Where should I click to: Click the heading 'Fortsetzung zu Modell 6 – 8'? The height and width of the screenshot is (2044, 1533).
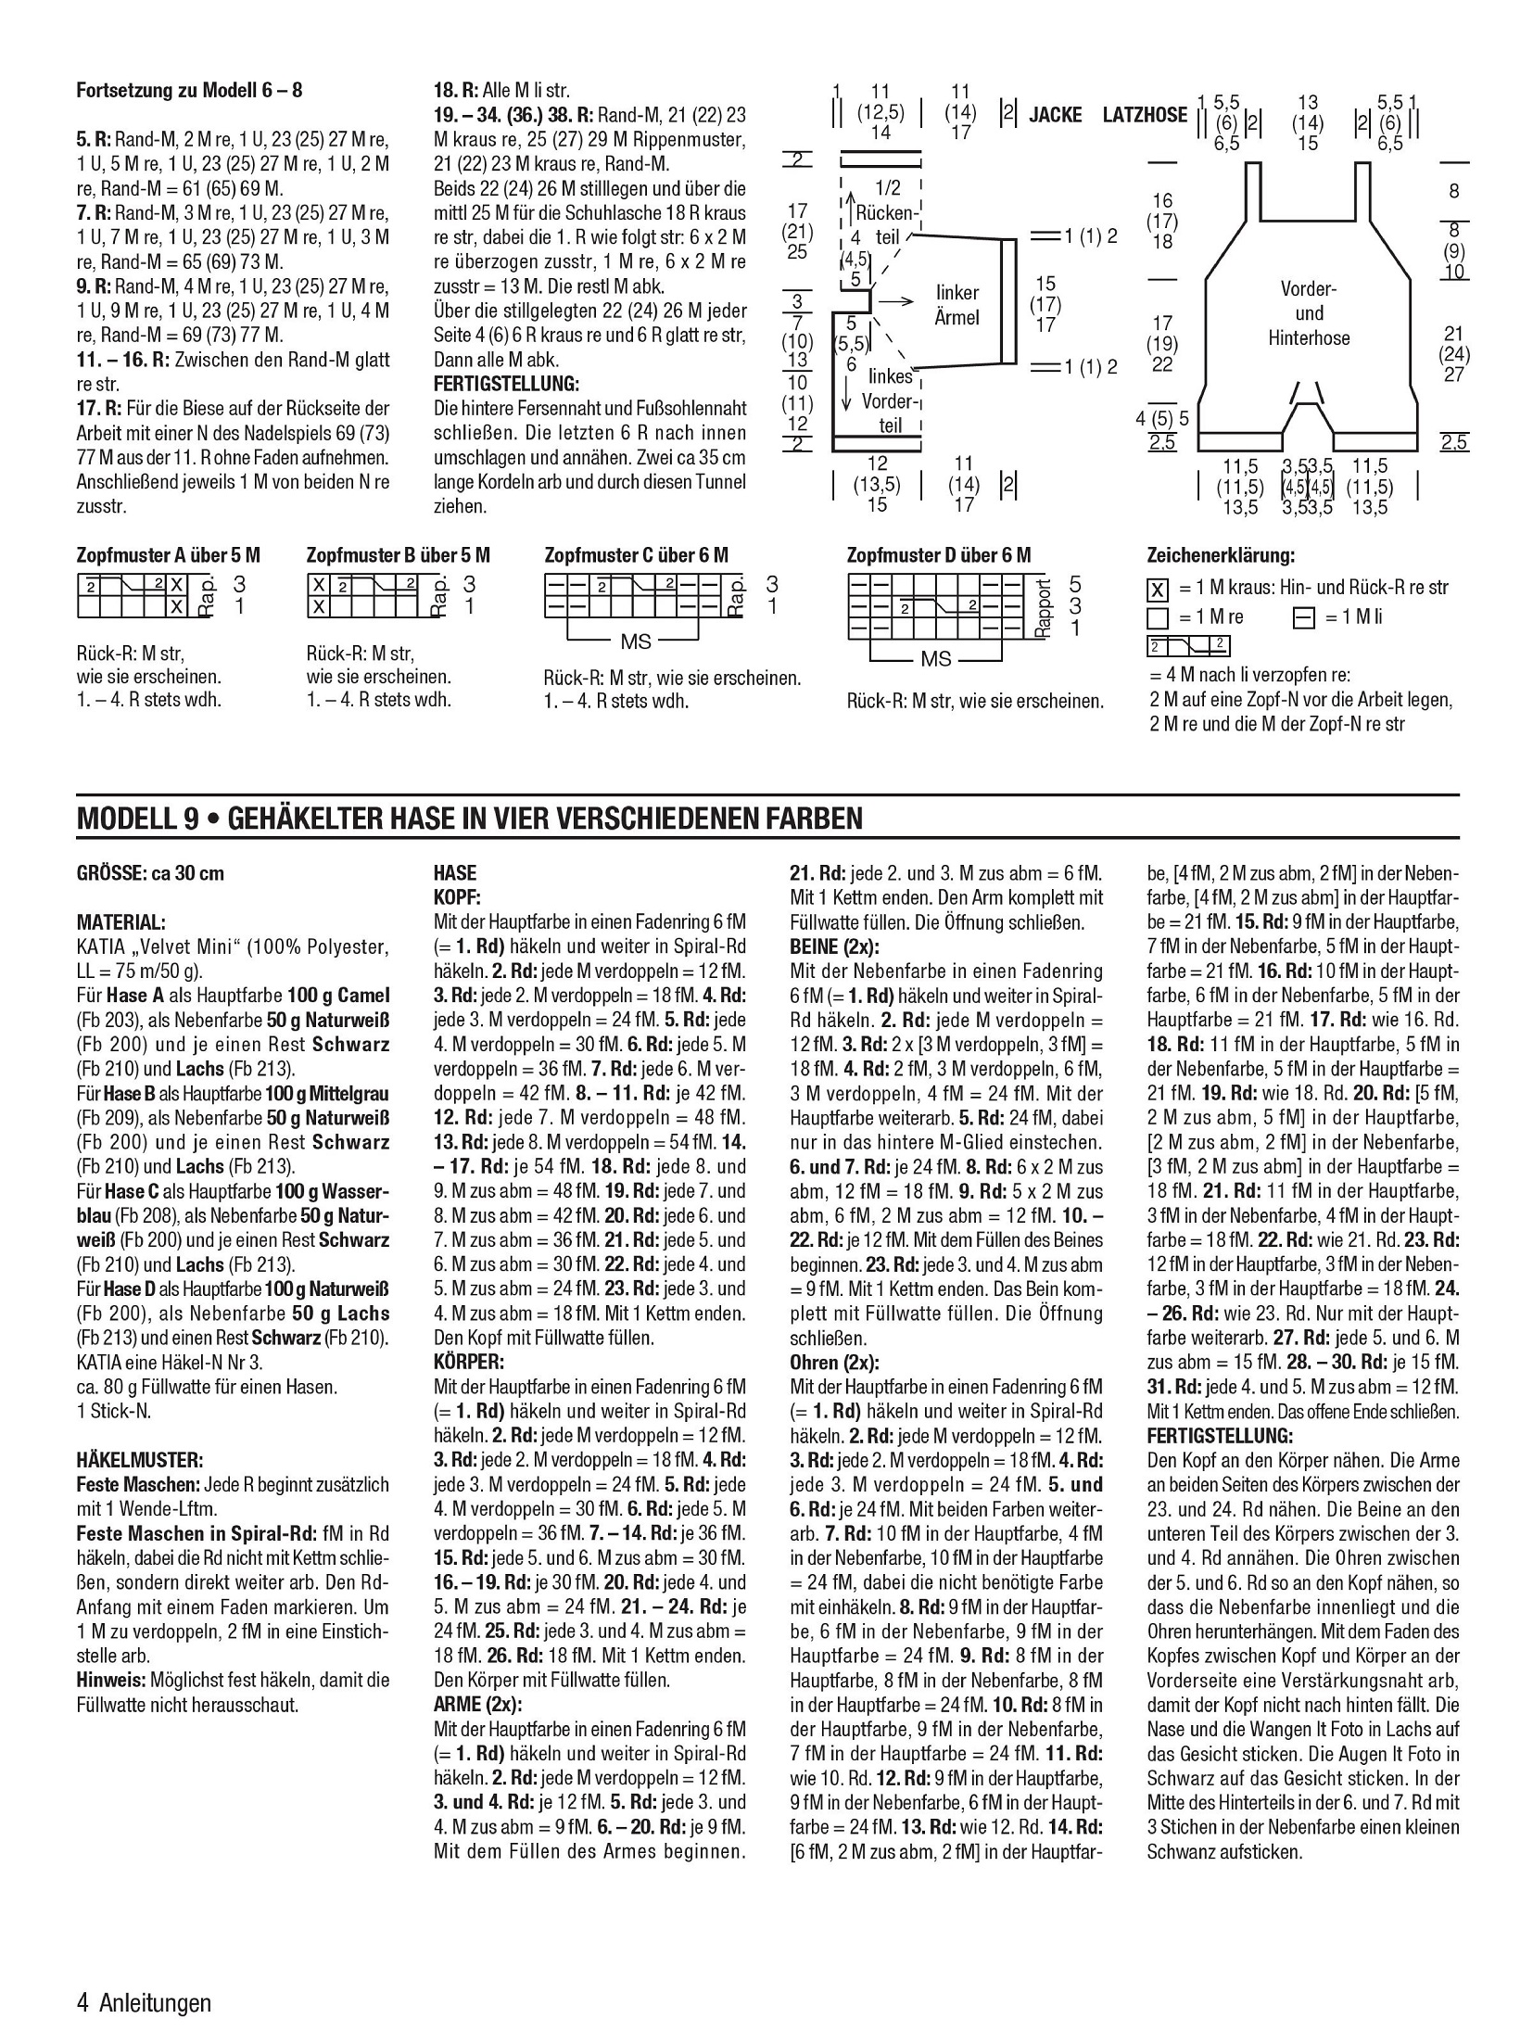(189, 91)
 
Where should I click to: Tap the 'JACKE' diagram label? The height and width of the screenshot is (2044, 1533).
(1055, 115)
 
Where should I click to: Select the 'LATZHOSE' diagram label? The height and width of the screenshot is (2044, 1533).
(1145, 115)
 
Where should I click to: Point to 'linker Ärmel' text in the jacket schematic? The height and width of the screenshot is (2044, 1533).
(957, 305)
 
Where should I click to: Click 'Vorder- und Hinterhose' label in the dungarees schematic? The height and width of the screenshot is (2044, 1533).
(1309, 313)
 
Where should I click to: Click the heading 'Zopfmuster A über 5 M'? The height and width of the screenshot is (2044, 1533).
(168, 556)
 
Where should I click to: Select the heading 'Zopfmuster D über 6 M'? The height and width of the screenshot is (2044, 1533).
(938, 556)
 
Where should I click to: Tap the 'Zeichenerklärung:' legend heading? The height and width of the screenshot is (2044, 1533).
(1221, 556)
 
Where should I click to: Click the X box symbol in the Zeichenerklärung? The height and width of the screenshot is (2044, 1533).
(1157, 589)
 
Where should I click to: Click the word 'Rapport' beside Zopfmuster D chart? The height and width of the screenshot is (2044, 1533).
(1045, 607)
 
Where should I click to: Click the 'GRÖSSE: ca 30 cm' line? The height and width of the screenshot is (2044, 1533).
(150, 873)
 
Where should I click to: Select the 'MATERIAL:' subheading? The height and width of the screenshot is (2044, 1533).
(121, 922)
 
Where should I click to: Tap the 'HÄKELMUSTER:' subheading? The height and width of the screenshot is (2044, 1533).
(139, 1460)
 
